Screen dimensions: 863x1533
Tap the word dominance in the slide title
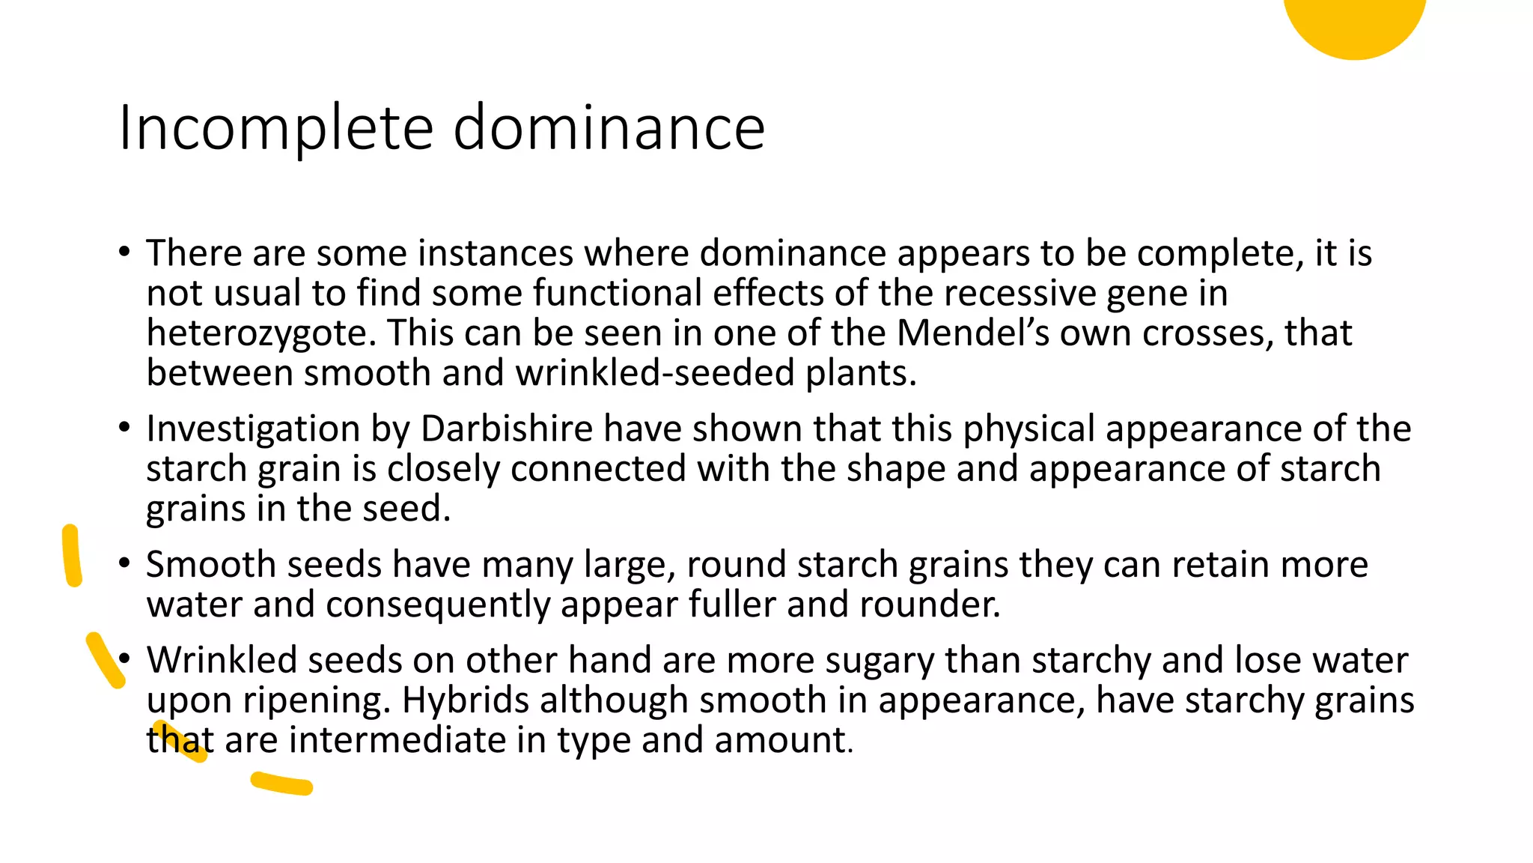click(609, 127)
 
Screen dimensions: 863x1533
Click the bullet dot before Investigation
click(124, 428)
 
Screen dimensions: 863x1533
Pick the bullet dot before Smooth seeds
click(124, 563)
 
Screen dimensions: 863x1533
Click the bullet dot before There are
click(124, 251)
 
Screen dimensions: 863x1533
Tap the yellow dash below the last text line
click(281, 783)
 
